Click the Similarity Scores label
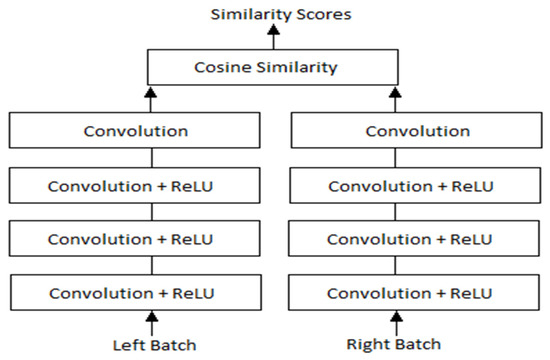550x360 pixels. click(275, 14)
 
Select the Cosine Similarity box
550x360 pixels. click(275, 69)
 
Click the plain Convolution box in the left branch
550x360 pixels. click(135, 130)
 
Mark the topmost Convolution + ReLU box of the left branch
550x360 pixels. click(135, 186)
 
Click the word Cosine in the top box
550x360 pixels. click(228, 69)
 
